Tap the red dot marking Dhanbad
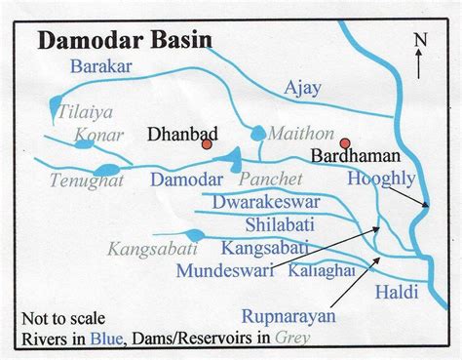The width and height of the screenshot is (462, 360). pyautogui.click(x=207, y=144)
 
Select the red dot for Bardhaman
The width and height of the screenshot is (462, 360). pyautogui.click(x=344, y=142)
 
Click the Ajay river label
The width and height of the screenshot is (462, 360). pyautogui.click(x=301, y=90)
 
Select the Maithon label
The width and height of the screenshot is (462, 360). pyautogui.click(x=293, y=132)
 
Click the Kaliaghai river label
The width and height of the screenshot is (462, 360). pyautogui.click(x=320, y=271)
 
